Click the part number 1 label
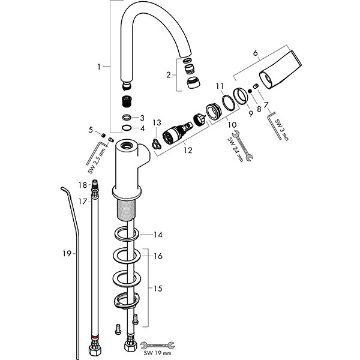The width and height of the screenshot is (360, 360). pos(99,67)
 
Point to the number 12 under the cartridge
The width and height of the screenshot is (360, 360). pos(188,150)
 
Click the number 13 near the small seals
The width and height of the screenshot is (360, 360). pos(156,123)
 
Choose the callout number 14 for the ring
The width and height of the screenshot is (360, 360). pos(158,235)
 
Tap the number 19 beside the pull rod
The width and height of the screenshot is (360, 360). pos(68,253)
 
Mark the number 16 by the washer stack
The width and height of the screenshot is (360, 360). pos(158,256)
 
